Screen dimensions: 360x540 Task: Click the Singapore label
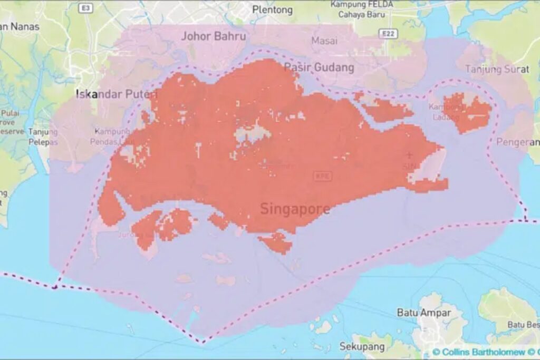[295, 209]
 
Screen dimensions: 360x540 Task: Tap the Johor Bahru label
[214, 36]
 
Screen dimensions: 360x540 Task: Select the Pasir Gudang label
[319, 67]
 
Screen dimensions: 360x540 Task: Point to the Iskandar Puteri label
[117, 94]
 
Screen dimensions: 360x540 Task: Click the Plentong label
[272, 9]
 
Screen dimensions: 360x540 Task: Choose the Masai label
[324, 41]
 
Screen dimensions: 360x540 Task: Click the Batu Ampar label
[424, 313]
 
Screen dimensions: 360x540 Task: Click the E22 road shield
[388, 34]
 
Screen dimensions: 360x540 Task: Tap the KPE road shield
[322, 176]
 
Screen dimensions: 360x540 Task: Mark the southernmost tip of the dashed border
[203, 342]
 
